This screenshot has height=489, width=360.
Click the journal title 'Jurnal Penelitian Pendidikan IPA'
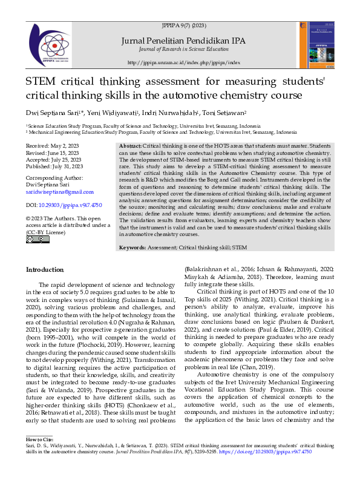[184, 41]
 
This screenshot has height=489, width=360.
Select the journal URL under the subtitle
[184, 62]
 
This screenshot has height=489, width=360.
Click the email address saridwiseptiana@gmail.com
[59, 191]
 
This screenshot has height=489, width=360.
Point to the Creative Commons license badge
[38, 239]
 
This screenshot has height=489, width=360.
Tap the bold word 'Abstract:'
[130, 147]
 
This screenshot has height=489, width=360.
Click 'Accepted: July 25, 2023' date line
[54, 160]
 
